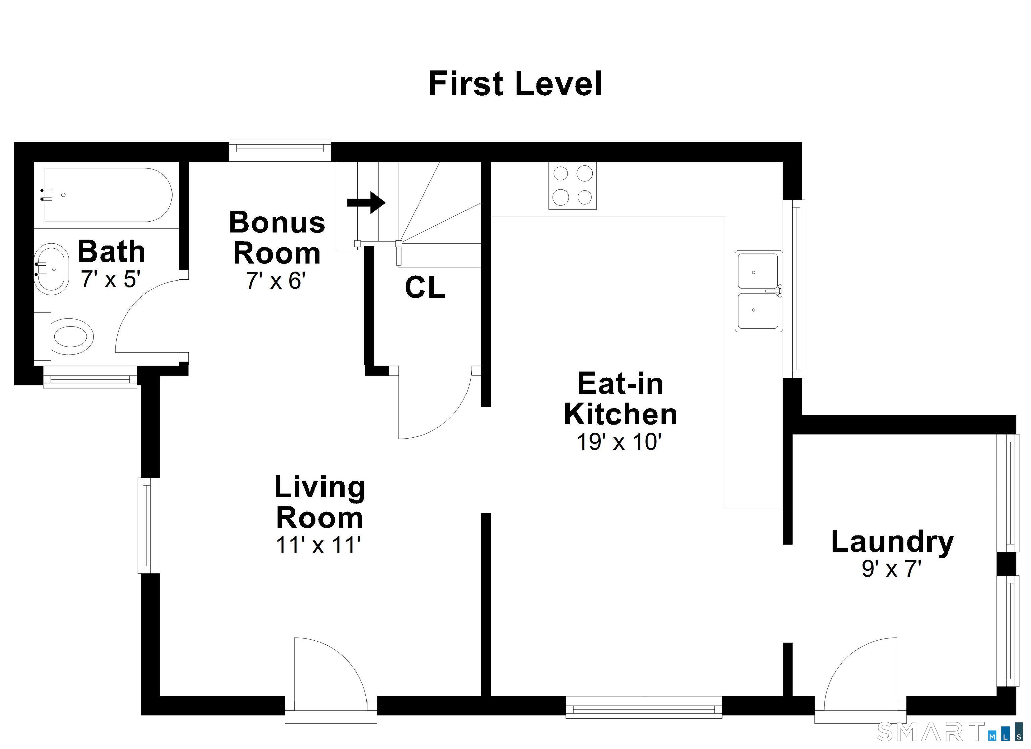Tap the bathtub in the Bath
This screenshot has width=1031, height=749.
(108, 195)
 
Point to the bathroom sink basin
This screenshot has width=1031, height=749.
(51, 269)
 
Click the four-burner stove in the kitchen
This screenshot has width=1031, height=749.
(572, 185)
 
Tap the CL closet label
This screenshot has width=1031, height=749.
(425, 288)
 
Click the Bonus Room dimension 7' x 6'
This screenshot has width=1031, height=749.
(276, 280)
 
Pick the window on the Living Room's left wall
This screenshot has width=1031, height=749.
(149, 525)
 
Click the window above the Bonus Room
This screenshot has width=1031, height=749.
(280, 150)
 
